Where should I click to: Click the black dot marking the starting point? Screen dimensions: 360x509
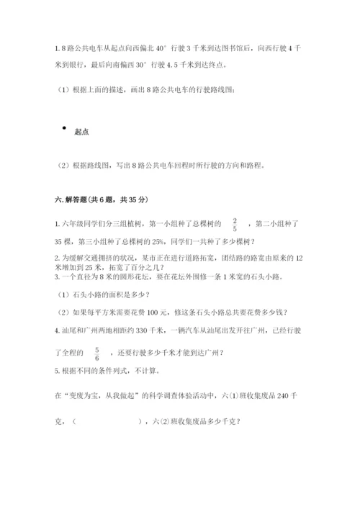(64, 128)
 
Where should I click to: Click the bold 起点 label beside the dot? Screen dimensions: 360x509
(81, 132)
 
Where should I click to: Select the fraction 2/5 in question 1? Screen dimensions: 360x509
(235, 224)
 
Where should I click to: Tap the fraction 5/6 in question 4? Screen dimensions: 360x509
(96, 352)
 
